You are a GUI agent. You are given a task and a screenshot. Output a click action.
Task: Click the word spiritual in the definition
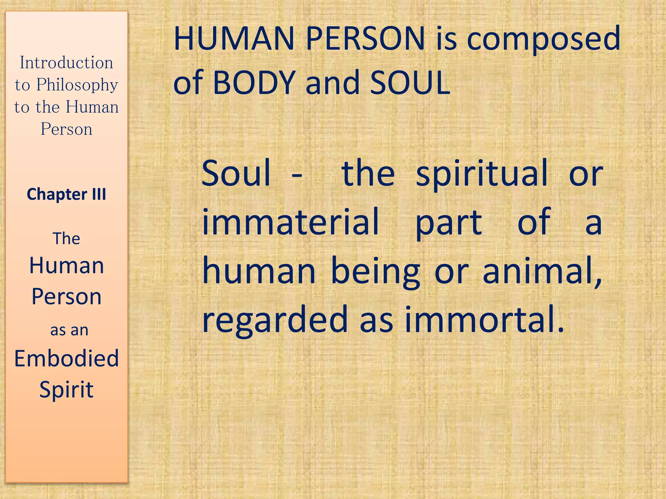click(x=482, y=174)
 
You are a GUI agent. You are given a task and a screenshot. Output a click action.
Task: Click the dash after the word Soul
click(x=297, y=176)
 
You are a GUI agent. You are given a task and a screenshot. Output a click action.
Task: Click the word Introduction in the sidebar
click(x=67, y=62)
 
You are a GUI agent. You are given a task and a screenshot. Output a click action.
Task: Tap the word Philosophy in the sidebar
click(x=77, y=85)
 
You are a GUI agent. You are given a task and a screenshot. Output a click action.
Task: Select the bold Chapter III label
click(x=66, y=194)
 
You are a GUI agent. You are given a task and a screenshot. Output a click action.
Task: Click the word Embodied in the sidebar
click(x=67, y=359)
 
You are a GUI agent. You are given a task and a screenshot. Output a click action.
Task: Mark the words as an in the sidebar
click(x=69, y=330)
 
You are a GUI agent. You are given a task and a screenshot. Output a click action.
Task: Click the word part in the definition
click(x=449, y=223)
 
